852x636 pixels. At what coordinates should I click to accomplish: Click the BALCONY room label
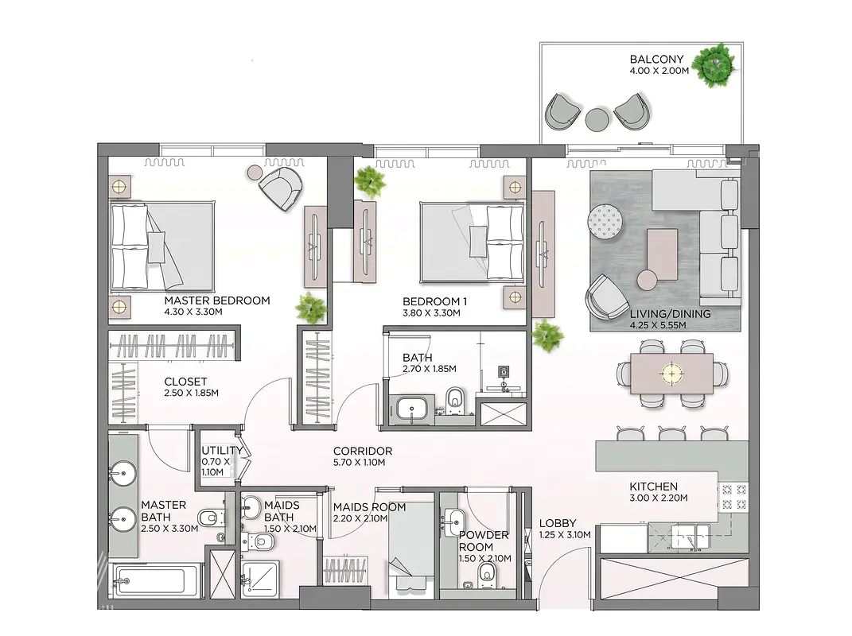656,59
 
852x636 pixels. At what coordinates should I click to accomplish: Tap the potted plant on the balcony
716,64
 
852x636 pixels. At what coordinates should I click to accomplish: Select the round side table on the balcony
597,119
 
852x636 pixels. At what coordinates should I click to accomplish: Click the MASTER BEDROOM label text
217,301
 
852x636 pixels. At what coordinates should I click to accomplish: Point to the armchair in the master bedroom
280,188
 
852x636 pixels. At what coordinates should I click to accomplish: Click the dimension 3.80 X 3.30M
431,313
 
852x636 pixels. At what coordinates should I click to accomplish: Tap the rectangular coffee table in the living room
663,254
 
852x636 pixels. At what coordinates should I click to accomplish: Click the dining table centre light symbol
672,374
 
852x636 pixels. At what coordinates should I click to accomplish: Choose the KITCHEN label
653,487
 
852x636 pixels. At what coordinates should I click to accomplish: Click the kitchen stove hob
733,497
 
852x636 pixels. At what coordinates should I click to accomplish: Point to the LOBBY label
558,523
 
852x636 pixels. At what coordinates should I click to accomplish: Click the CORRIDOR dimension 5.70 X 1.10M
359,462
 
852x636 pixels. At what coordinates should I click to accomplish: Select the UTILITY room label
222,450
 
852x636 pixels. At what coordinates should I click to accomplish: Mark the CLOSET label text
185,382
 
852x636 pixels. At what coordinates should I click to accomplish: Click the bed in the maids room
410,544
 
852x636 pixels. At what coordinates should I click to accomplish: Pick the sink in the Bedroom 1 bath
412,407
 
